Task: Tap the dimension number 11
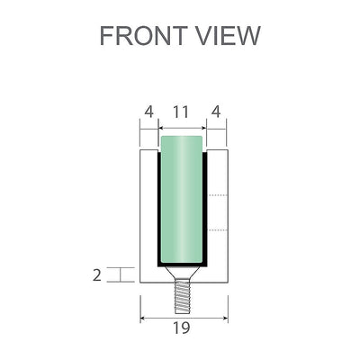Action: point(181,112)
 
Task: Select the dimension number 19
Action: point(181,329)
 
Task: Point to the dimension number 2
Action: point(97,275)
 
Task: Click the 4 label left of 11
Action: point(148,112)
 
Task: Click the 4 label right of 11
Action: point(215,112)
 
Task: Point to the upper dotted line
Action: point(218,194)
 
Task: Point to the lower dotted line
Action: point(218,230)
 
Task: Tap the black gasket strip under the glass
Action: point(181,265)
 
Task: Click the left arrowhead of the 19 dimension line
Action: point(143,318)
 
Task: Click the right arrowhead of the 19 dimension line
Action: point(225,318)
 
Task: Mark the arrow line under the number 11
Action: point(181,127)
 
